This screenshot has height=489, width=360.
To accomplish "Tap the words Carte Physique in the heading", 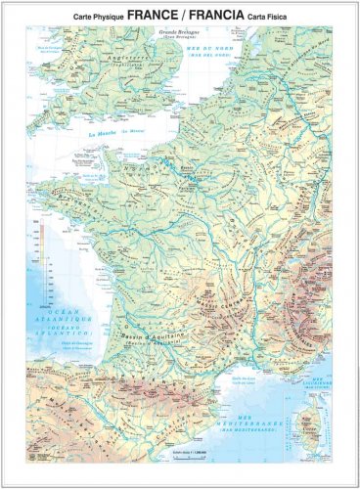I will click(x=97, y=18).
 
